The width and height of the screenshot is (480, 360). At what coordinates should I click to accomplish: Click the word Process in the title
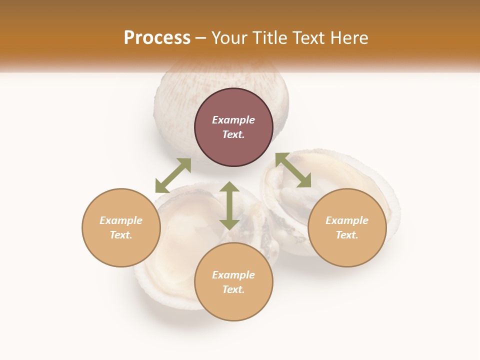157,38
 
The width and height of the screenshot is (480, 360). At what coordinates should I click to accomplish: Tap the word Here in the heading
348,38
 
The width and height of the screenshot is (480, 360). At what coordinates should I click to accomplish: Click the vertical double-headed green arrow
229,205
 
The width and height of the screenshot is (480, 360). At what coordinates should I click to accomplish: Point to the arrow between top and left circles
173,175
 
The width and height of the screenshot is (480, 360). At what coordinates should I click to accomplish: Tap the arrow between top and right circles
293,170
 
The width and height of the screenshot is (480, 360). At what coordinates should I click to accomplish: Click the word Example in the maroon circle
233,120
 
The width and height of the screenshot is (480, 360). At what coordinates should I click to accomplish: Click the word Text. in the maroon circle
233,134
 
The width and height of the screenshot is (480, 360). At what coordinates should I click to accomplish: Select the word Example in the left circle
121,220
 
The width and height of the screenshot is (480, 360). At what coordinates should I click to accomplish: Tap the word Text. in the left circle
121,235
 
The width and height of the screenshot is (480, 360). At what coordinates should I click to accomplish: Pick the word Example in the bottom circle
233,275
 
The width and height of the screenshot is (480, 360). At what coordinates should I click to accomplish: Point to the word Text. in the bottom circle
233,289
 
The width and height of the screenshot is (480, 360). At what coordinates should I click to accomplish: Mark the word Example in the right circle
347,220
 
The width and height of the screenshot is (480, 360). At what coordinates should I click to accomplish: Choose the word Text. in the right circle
347,235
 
